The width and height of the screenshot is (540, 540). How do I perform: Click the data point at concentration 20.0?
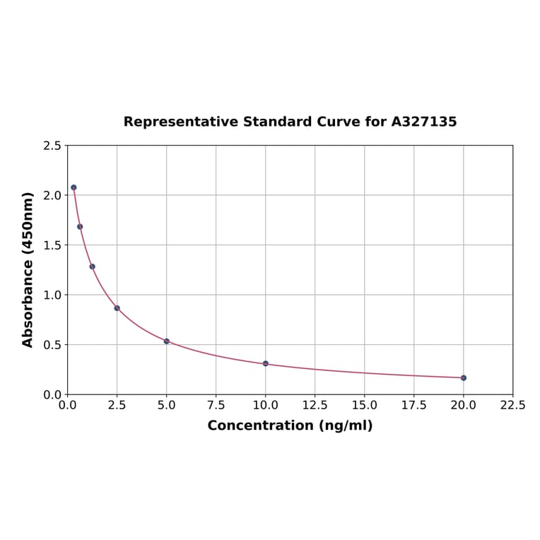pos(464,377)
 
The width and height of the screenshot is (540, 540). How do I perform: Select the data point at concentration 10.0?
pos(266,363)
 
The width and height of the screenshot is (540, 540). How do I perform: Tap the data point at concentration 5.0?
pos(167,341)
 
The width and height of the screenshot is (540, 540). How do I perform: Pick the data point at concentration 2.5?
pos(117,308)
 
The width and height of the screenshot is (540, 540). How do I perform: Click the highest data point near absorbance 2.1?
pos(74,187)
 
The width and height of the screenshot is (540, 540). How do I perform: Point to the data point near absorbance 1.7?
pos(80,226)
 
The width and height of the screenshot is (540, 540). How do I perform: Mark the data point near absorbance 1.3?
pos(93,266)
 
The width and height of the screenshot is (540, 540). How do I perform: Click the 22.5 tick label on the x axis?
pos(512,406)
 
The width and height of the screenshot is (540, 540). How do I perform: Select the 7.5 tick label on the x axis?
pos(216,406)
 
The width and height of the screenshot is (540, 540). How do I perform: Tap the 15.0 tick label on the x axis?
pos(364,406)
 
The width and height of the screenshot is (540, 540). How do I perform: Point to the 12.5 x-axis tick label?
pos(315,406)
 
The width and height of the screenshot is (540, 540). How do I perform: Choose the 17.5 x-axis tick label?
pos(413,406)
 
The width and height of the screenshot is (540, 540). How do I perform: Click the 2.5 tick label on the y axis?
pos(52,146)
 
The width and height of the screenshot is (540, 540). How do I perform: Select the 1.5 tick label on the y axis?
pos(52,245)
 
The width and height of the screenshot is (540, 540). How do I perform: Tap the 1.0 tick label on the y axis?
pos(52,295)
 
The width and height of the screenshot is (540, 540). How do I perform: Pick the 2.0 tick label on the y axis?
pos(52,195)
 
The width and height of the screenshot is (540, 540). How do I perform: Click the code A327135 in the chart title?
pos(424,122)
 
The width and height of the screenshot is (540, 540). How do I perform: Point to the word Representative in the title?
pos(181,122)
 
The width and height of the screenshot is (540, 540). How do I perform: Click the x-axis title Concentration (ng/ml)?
pos(290,425)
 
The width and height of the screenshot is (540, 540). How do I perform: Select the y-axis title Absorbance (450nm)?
pos(28,269)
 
